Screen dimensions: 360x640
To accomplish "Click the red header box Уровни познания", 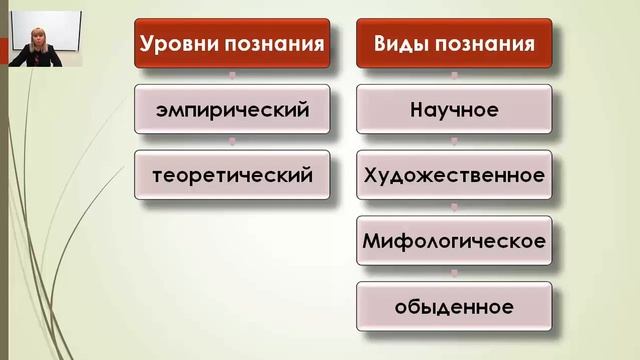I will click(232, 45).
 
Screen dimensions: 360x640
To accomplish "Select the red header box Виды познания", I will click(453, 45).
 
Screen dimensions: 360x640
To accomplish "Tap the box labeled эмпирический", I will click(232, 109).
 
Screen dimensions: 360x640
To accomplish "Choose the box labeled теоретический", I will click(232, 175).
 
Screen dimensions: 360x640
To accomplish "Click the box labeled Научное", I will click(453, 109).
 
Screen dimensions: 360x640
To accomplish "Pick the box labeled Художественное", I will click(453, 175).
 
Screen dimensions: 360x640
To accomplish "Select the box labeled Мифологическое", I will click(453, 241).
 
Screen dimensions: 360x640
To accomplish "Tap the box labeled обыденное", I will click(453, 306).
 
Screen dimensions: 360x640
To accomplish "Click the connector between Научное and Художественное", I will click(453, 142).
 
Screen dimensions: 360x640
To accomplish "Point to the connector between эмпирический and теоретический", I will click(232, 142).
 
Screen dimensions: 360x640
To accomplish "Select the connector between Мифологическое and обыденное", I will click(453, 274).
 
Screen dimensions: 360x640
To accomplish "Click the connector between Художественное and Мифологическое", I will click(453, 208).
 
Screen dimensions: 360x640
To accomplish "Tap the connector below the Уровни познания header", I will click(232, 76).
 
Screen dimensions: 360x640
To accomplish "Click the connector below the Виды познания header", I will click(453, 76).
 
